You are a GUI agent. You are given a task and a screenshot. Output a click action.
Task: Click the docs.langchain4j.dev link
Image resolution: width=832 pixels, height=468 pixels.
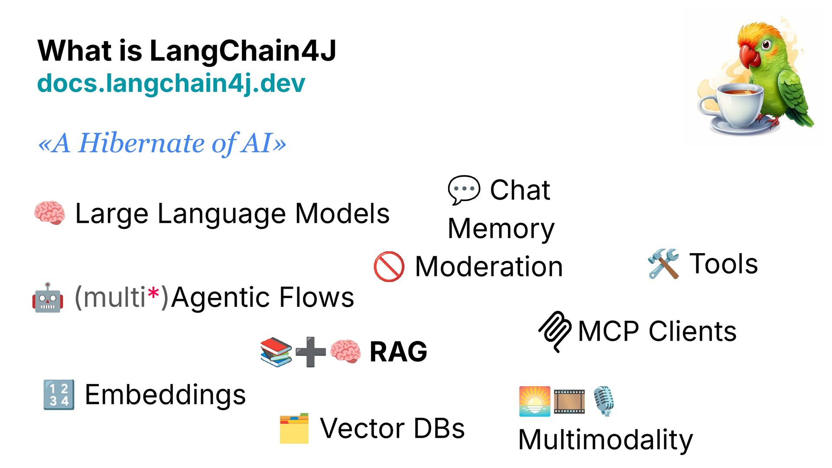(x=171, y=83)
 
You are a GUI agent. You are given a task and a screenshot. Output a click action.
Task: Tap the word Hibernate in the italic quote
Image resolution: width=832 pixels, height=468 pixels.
(x=141, y=143)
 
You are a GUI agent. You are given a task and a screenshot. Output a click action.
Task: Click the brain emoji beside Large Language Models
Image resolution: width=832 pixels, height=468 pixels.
(x=50, y=213)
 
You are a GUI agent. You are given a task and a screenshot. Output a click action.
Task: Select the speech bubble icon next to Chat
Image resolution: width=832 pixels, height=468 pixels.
(x=464, y=190)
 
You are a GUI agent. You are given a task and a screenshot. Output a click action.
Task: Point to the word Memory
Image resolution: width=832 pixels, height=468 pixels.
(x=501, y=228)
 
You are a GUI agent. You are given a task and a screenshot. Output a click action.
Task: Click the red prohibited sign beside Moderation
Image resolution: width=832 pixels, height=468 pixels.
(x=389, y=266)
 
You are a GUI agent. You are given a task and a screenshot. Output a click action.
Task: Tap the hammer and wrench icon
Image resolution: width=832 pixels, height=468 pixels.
(x=663, y=263)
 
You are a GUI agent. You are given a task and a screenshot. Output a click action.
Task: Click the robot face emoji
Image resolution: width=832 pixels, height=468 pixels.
(x=48, y=298)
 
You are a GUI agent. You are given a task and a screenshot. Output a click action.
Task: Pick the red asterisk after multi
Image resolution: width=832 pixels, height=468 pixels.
(x=153, y=294)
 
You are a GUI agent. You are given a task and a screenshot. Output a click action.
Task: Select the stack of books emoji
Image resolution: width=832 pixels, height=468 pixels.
(x=276, y=352)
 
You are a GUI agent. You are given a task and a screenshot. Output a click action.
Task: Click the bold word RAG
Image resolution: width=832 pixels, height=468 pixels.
(x=398, y=351)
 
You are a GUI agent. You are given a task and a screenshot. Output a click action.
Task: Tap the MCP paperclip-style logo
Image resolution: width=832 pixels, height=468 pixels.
(x=555, y=331)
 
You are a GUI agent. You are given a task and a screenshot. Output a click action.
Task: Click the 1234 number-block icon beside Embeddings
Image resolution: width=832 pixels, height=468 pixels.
(x=59, y=395)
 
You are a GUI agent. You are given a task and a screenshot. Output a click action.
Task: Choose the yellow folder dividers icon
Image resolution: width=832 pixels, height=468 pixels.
(x=294, y=429)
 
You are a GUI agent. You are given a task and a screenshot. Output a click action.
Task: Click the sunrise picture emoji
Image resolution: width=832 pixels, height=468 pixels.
(x=535, y=401)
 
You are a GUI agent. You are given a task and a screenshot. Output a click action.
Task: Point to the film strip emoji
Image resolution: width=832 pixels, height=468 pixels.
(x=569, y=401)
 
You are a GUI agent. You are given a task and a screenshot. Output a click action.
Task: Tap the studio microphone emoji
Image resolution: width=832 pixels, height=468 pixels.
(x=604, y=401)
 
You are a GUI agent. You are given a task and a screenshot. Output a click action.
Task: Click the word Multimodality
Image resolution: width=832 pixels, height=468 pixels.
(x=605, y=440)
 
